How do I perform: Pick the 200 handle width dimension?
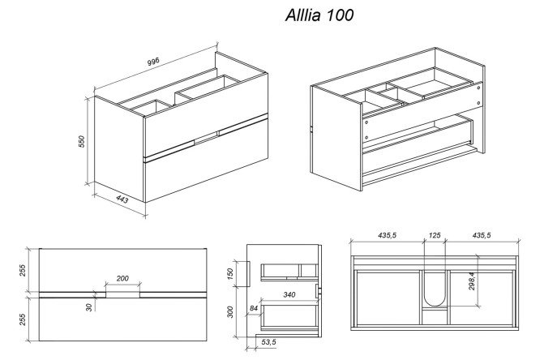[x=123, y=278]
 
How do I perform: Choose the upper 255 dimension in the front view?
[x=24, y=268]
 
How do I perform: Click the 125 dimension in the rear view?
[x=435, y=236]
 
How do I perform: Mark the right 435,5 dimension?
[x=481, y=236]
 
